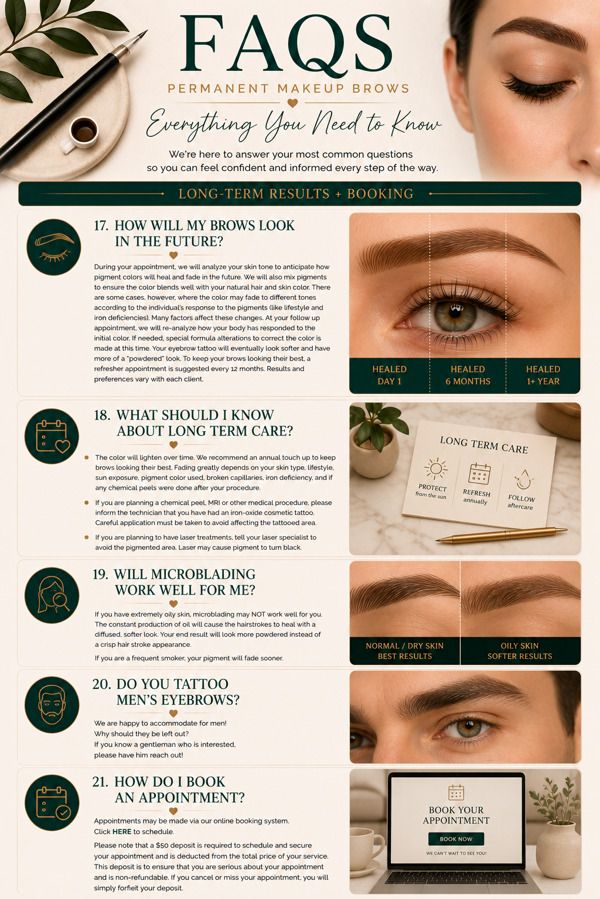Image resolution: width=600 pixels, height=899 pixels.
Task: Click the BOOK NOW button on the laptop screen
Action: [x=456, y=839]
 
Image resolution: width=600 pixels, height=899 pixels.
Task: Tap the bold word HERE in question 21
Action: [x=122, y=832]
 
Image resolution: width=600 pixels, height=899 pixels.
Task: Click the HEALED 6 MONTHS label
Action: [x=468, y=375]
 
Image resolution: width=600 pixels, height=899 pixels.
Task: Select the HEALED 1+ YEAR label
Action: [x=543, y=375]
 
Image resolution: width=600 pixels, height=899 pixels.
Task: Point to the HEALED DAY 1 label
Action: [x=390, y=375]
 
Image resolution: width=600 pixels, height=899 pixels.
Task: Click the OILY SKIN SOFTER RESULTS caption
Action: [x=520, y=651]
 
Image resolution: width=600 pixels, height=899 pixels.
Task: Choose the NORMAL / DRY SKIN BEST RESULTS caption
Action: [x=405, y=651]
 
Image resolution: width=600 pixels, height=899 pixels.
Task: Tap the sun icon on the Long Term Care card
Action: [x=435, y=468]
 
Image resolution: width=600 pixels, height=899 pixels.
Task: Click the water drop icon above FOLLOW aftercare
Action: [x=524, y=479]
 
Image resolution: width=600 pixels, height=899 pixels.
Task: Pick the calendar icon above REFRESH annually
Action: [x=479, y=473]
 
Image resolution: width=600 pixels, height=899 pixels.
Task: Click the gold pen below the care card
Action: [x=502, y=535]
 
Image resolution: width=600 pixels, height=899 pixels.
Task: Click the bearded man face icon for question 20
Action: [x=52, y=705]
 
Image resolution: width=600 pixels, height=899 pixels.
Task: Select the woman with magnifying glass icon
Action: [x=52, y=595]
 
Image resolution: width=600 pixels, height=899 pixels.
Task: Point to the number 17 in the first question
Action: [x=101, y=225]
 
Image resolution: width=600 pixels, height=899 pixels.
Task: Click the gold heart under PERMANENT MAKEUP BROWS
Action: [x=292, y=103]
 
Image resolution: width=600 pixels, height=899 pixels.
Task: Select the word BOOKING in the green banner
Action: [x=380, y=194]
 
